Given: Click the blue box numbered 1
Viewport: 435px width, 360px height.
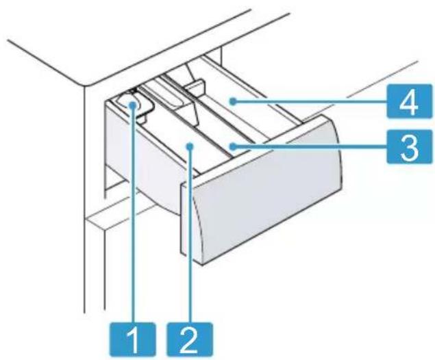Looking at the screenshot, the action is tap(132, 339).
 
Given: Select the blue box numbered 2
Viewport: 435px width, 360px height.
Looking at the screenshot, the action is tap(190, 339).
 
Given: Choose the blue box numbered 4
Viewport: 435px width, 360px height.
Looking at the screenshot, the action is tap(410, 102).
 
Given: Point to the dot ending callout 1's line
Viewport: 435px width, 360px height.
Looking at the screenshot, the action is tap(133, 105).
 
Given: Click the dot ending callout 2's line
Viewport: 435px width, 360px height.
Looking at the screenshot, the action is tap(190, 146).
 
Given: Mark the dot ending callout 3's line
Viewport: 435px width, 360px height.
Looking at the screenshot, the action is tap(233, 146).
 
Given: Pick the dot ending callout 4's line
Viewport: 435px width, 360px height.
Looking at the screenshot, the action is tap(233, 102).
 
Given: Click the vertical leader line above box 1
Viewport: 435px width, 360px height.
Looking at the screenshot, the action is tap(133, 216).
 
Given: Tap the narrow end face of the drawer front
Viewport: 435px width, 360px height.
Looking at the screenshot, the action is tap(188, 219).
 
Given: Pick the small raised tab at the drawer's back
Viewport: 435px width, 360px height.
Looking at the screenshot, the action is tap(194, 86).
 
